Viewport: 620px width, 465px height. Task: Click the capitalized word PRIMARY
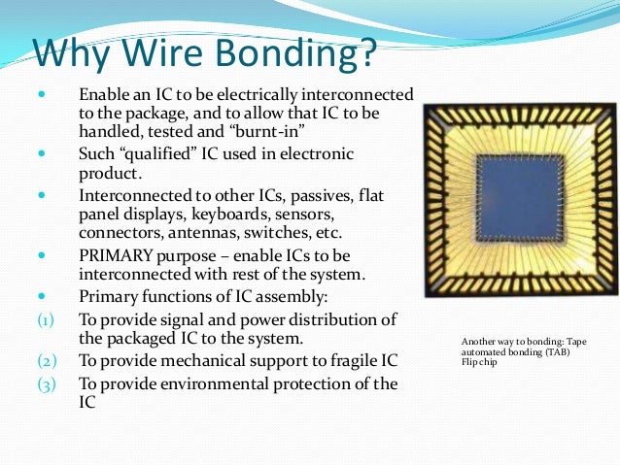point(115,256)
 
